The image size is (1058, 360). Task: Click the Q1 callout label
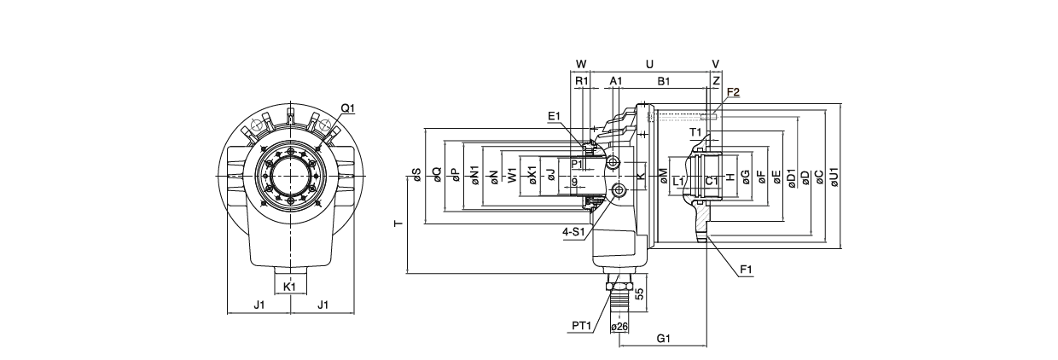[x=347, y=108]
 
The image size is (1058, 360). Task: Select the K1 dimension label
[x=289, y=287]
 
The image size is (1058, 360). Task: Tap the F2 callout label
[x=733, y=93]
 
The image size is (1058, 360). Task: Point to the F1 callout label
[x=747, y=270]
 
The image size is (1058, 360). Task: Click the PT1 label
[x=581, y=326]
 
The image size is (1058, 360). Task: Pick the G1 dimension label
[x=664, y=339]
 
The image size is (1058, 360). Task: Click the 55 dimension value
[x=639, y=294]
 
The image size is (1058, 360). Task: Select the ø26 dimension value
[x=619, y=327]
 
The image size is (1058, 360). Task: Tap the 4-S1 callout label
[x=573, y=232]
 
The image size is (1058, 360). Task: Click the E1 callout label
[x=554, y=116]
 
